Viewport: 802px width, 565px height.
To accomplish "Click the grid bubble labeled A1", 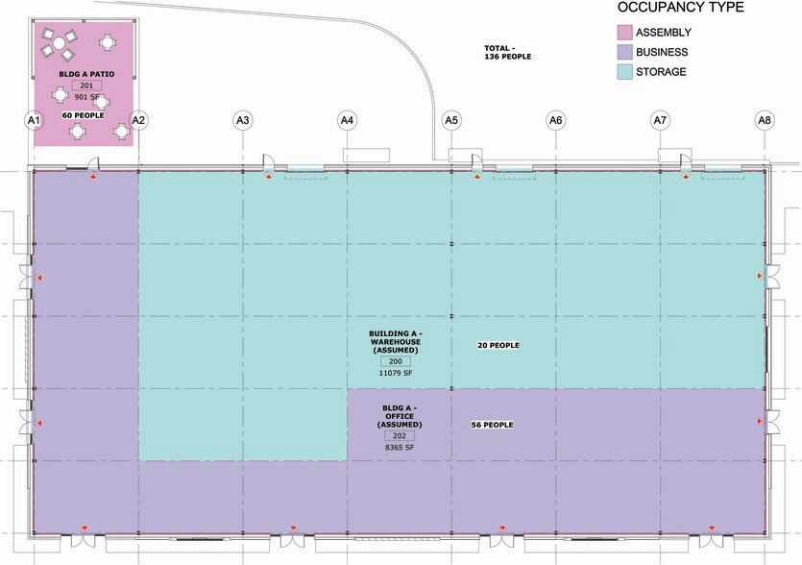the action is point(34,120).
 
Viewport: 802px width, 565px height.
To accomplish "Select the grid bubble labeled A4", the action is point(347,120).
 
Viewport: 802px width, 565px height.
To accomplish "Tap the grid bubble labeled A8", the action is point(765,120).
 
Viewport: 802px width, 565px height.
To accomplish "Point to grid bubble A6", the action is point(555,120).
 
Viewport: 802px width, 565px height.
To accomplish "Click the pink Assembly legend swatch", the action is point(624,33).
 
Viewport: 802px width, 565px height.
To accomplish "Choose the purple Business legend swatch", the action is point(624,52).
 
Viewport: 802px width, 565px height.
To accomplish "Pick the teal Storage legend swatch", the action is point(624,72).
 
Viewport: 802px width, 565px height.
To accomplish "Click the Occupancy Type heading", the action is point(681,8).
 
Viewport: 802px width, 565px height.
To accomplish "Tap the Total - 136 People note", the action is point(508,52).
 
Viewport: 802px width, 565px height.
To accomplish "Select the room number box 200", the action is point(396,361).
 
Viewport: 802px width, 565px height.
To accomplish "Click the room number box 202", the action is point(400,435).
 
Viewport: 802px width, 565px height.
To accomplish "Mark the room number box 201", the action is point(86,86).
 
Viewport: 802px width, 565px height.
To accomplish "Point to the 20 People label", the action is point(498,346).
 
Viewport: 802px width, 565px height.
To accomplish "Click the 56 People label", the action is point(492,425).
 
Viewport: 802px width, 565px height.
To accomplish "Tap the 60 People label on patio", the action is point(83,115).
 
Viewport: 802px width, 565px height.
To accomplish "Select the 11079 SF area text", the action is point(396,373).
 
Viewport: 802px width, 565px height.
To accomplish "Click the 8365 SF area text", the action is point(400,448).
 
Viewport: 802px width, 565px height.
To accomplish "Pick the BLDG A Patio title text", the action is point(86,74).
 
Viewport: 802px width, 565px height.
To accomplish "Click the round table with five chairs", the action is point(59,42).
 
